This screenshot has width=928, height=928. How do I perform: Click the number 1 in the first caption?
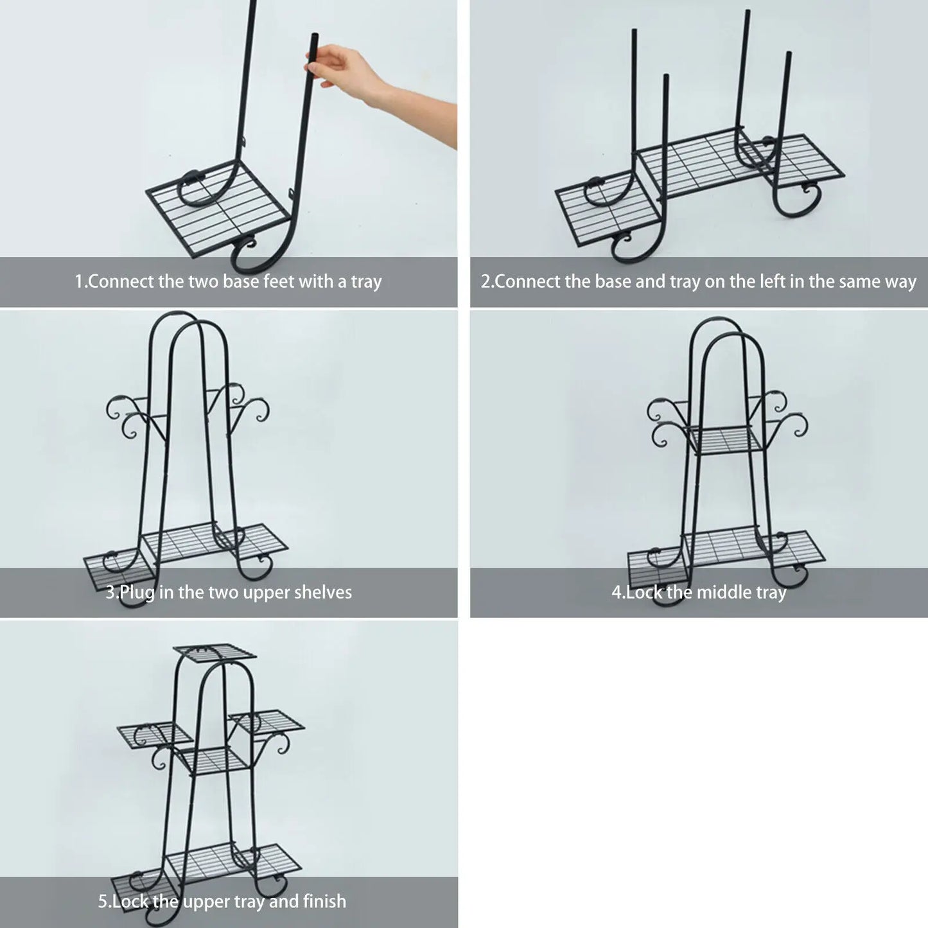[79, 281]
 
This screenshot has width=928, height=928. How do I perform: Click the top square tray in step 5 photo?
[214, 652]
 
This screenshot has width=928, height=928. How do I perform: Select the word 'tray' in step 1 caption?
[366, 282]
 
